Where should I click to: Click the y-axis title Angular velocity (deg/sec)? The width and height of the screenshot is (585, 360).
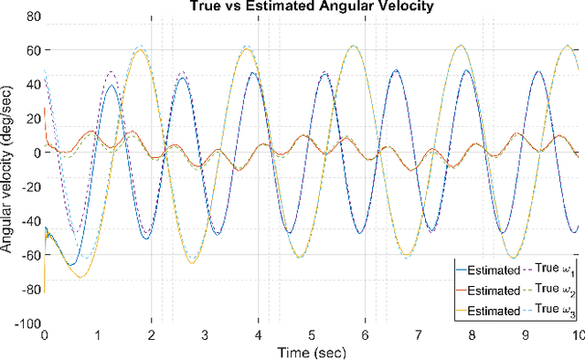[x=8, y=169]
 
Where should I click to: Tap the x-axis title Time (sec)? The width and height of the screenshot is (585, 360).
[x=312, y=352]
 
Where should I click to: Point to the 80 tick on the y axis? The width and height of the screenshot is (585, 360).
[x=32, y=16]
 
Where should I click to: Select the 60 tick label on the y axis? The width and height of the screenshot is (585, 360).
[x=32, y=49]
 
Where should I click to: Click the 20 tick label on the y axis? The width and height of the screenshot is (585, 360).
[x=32, y=118]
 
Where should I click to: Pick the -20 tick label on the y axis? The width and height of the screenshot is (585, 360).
[x=29, y=186]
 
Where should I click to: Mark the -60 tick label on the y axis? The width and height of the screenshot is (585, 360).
[x=29, y=255]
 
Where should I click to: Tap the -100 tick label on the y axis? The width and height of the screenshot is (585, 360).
[x=27, y=323]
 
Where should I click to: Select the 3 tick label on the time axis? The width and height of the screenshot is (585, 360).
[x=205, y=335]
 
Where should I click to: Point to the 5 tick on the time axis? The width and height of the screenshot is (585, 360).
[x=312, y=335]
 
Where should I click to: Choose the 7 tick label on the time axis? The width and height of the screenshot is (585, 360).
[x=419, y=335]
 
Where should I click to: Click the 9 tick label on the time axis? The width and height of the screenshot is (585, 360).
[x=526, y=335]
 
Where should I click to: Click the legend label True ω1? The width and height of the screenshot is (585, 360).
[x=555, y=270]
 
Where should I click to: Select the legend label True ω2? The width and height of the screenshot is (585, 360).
[x=555, y=291]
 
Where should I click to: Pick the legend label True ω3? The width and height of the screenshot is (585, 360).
[x=555, y=312]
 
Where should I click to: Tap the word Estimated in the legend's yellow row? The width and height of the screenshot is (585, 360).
[x=494, y=312]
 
